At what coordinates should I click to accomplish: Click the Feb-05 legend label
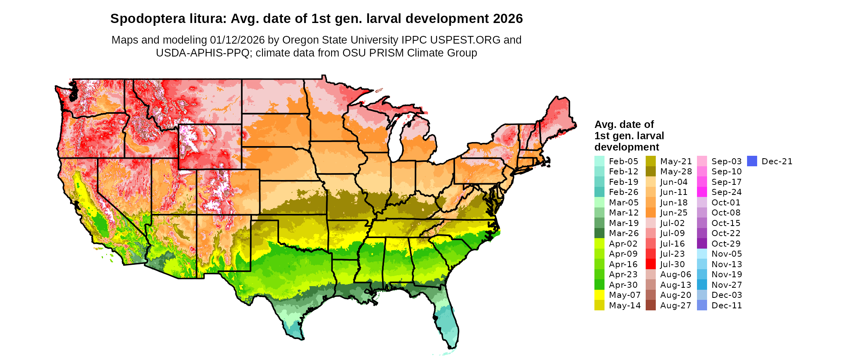point(623,161)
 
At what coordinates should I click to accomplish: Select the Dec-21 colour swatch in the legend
point(751,161)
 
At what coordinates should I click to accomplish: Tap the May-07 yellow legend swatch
point(599,295)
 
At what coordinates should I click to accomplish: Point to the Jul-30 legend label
point(672,264)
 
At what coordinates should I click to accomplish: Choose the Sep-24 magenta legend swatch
point(702,192)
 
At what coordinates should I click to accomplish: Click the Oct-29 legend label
point(726,244)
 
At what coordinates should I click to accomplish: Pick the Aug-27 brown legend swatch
point(651,306)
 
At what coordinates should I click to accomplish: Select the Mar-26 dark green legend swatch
point(599,233)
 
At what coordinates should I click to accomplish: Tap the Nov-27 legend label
point(726,285)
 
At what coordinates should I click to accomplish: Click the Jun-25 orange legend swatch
point(651,213)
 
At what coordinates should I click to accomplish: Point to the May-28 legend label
point(676,172)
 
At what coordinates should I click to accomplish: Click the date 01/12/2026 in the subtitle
point(237,40)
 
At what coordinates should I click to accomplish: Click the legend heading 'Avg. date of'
point(624,124)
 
